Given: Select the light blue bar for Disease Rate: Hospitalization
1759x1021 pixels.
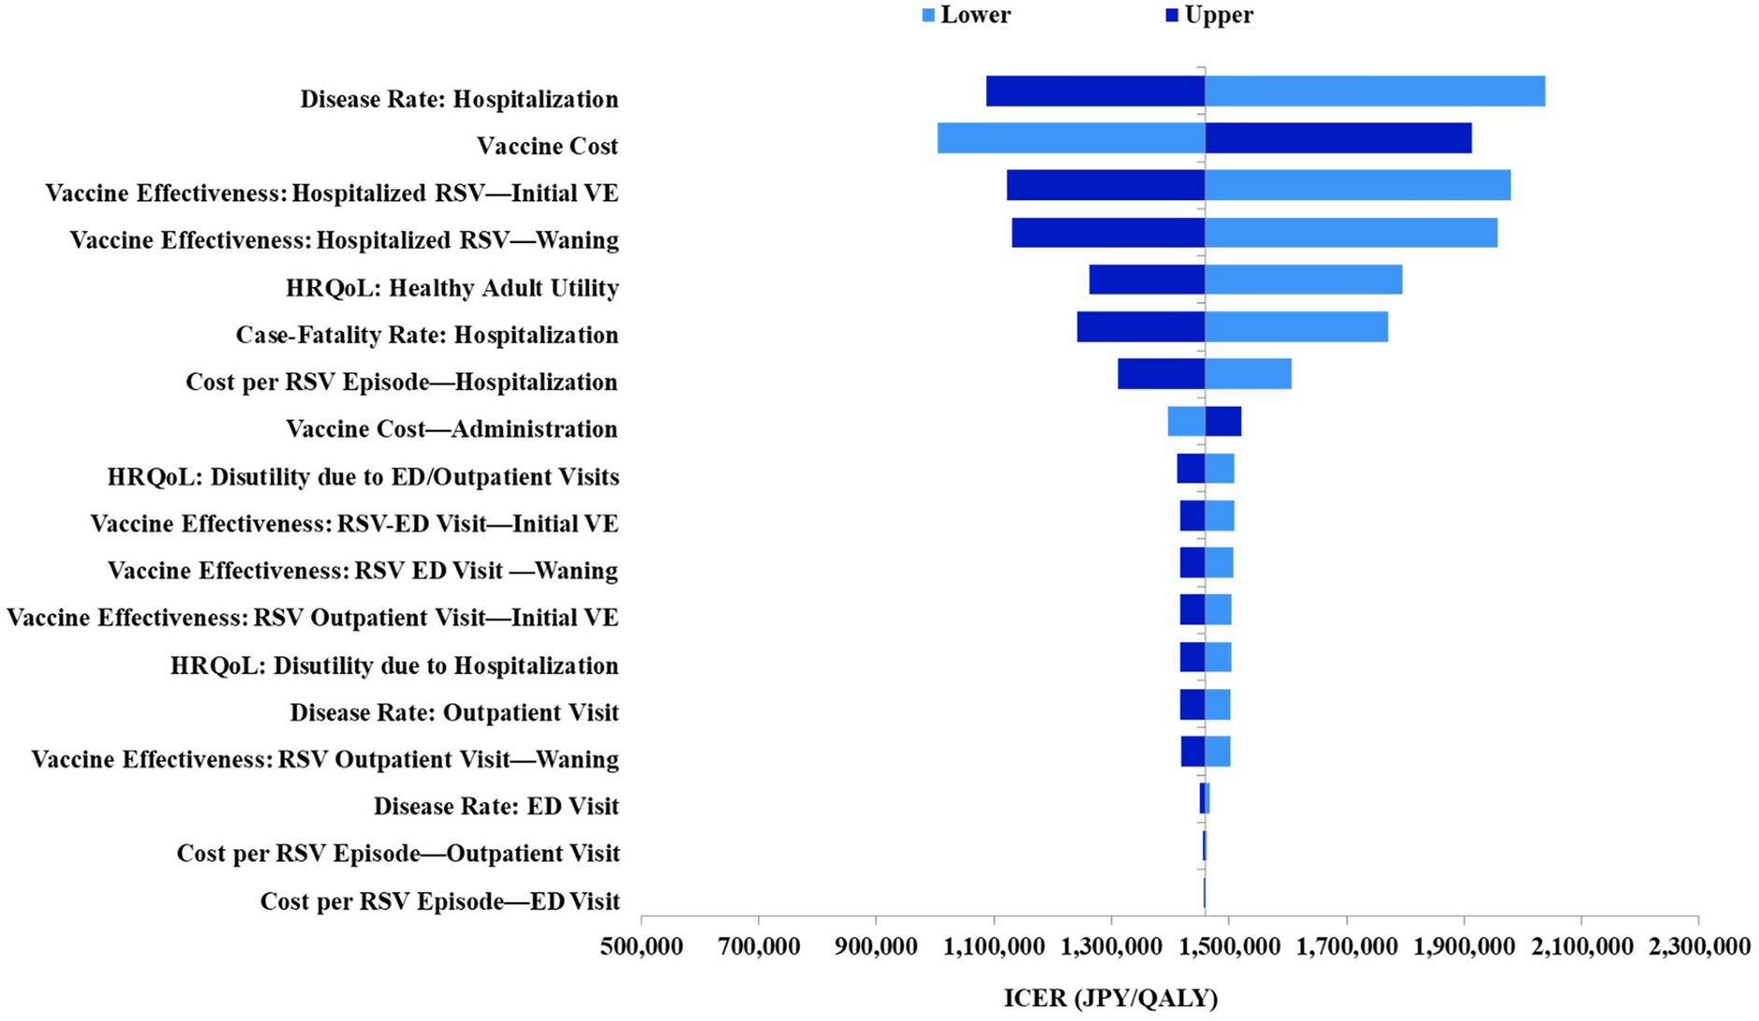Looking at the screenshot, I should point(1374,92).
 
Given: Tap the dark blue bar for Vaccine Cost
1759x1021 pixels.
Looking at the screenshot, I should point(1337,138).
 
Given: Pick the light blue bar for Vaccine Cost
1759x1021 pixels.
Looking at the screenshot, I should point(1070,138).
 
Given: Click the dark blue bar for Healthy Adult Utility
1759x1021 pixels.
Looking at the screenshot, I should point(1146,280).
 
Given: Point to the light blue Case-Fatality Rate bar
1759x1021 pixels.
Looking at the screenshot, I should point(1295,327).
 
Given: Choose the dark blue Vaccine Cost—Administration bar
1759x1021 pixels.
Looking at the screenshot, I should point(1223,422).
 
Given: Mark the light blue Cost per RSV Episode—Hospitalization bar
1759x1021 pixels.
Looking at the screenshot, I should point(1248,375).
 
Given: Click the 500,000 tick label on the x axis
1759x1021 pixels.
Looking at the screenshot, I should point(642,947).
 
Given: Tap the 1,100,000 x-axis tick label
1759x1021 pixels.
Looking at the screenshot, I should point(994,947).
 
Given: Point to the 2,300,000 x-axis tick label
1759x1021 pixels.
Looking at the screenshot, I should point(1698,947).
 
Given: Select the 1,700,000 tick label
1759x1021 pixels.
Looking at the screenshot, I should point(1346,947).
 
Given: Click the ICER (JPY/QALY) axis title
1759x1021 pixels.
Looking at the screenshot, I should point(1110,999).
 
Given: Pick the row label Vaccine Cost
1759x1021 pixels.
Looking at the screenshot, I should point(547,146).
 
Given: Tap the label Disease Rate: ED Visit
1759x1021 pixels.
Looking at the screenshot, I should point(495,806).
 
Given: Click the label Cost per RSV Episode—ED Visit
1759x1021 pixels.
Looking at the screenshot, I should point(439,901).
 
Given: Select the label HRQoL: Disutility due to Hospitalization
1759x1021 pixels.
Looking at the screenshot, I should point(393,666).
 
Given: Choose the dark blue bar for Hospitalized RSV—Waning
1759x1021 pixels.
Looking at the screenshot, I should point(1108,233).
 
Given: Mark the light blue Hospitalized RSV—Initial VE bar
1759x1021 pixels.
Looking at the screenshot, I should point(1357,185).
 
